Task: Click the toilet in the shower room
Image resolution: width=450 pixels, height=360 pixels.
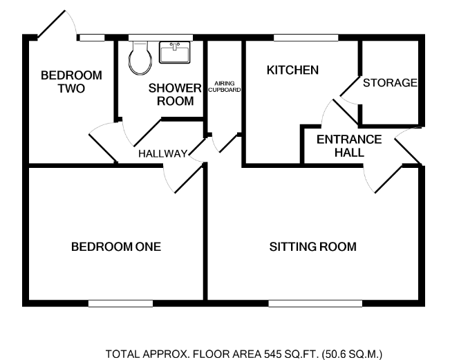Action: tap(140, 58)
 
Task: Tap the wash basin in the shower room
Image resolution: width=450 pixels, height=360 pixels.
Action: tap(174, 53)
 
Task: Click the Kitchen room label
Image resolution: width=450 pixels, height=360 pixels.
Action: tap(292, 70)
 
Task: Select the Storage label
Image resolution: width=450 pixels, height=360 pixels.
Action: tap(390, 83)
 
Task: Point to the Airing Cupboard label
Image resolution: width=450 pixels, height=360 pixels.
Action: tap(225, 86)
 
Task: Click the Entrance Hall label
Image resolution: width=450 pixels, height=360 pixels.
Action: tap(349, 146)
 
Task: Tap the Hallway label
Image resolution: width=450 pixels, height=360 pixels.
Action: tap(162, 154)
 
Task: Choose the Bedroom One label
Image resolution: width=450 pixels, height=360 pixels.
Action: tap(116, 247)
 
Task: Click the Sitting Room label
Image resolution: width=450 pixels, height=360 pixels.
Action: tap(313, 247)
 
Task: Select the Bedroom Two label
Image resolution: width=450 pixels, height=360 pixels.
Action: tap(71, 82)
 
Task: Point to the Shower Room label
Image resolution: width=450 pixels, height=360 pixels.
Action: tap(175, 95)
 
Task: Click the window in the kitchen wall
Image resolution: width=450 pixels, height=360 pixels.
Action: tap(306, 37)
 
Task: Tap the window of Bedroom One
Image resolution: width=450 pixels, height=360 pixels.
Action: tap(120, 303)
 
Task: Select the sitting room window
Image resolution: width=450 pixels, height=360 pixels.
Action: tap(315, 303)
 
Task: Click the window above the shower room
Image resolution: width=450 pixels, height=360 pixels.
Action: tap(160, 37)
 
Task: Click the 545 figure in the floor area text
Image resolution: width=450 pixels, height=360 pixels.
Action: tap(272, 354)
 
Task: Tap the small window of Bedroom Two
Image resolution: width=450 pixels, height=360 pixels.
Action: tap(92, 37)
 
